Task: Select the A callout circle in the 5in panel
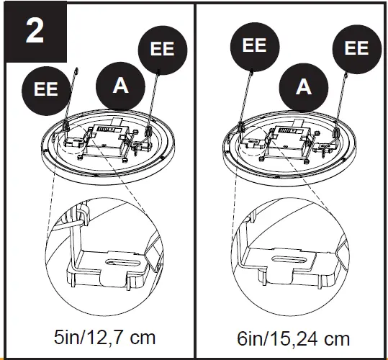(x=121, y=85)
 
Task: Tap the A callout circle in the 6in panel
(x=304, y=87)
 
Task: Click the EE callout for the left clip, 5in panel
(x=46, y=89)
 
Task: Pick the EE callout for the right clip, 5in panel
(x=163, y=49)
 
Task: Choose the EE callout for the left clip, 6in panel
(x=254, y=46)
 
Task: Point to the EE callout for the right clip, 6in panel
(x=356, y=49)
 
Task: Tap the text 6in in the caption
(x=252, y=338)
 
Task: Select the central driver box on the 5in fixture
(x=106, y=138)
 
